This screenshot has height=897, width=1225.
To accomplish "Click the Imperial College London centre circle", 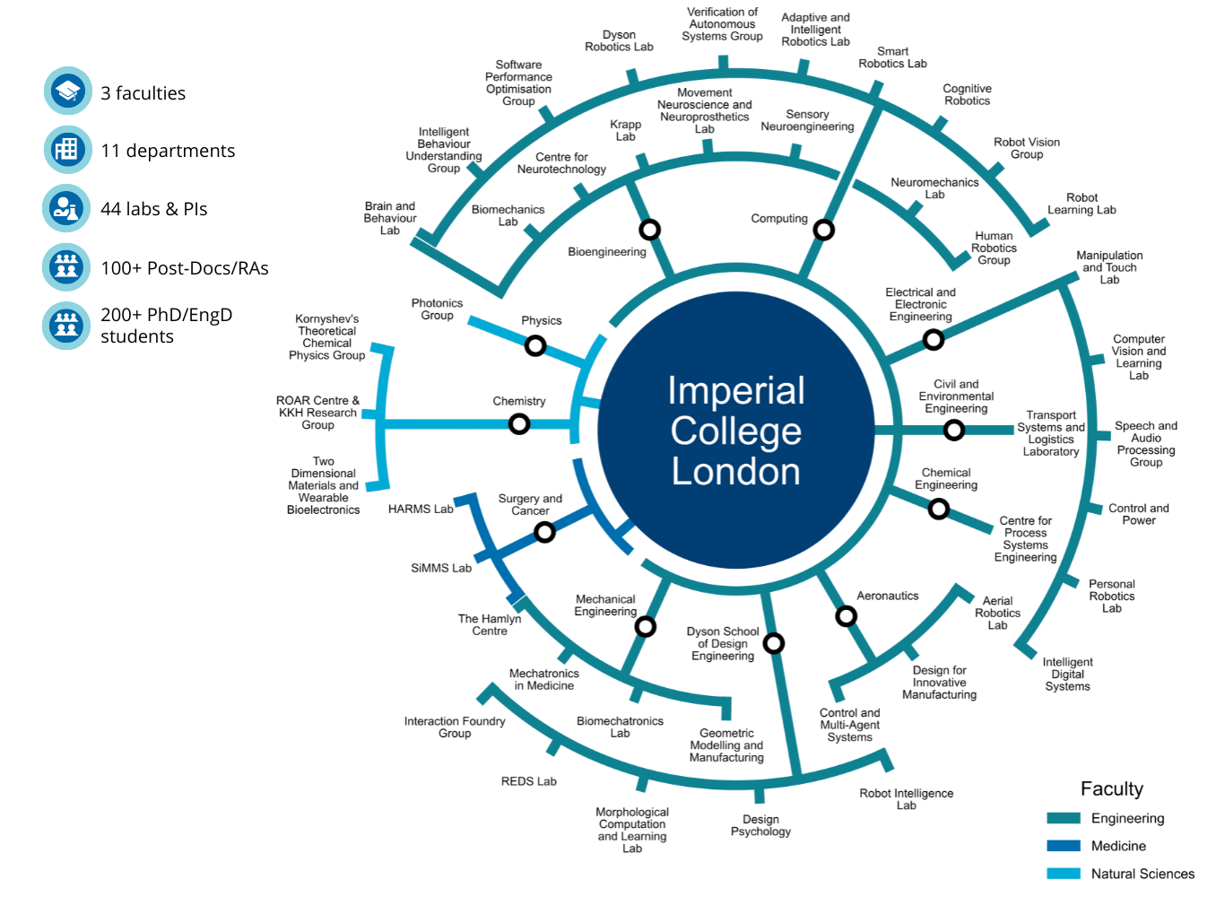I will pyautogui.click(x=735, y=431).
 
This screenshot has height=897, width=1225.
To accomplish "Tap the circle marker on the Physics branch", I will pyautogui.click(x=535, y=345).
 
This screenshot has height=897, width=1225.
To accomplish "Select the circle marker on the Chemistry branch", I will pyautogui.click(x=519, y=423).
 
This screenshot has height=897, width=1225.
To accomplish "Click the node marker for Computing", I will pyautogui.click(x=823, y=231).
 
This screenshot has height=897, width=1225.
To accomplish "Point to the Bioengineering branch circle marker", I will pyautogui.click(x=649, y=230).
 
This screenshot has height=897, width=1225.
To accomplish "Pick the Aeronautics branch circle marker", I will pyautogui.click(x=846, y=616).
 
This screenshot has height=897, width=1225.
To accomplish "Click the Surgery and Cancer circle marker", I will pyautogui.click(x=544, y=533).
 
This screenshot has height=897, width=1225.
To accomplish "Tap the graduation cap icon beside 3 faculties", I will pyautogui.click(x=67, y=91).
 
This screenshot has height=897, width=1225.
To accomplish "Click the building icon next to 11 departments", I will pyautogui.click(x=67, y=150).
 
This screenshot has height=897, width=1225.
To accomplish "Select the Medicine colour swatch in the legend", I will pyautogui.click(x=1064, y=846).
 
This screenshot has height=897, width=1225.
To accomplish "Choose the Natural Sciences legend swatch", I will pyautogui.click(x=1064, y=874).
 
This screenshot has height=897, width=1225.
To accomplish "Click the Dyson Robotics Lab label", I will pyautogui.click(x=619, y=41).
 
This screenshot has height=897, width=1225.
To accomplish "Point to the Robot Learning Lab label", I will pyautogui.click(x=1082, y=204).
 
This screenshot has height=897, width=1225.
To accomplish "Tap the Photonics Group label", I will pyautogui.click(x=437, y=309).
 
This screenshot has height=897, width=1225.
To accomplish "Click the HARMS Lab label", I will pyautogui.click(x=421, y=509).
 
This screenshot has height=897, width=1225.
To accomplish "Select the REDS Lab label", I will pyautogui.click(x=528, y=781).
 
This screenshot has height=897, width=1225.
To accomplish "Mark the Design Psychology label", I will pyautogui.click(x=760, y=825).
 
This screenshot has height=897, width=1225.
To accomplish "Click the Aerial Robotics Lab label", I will pyautogui.click(x=997, y=613).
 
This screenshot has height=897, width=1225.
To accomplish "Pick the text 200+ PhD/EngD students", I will pyautogui.click(x=166, y=326).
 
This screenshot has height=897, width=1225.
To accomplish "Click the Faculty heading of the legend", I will pyautogui.click(x=1111, y=788).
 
